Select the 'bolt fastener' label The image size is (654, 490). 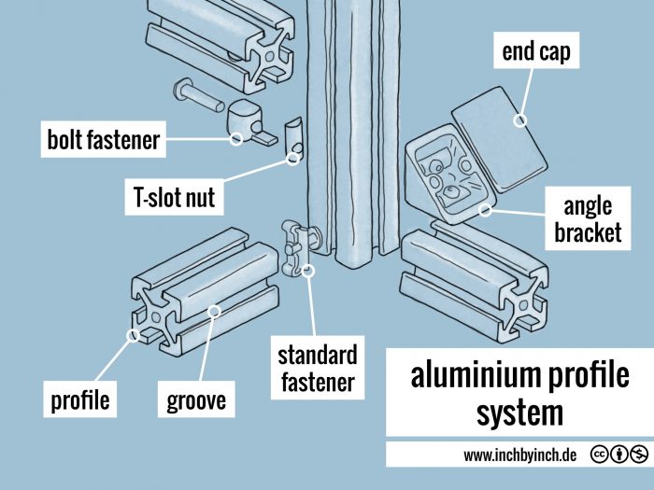pos(104,141)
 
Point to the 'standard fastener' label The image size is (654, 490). pos(317,368)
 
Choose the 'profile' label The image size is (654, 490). pos(79,401)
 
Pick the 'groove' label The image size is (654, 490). pos(196,401)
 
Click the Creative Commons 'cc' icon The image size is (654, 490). pos(598,455)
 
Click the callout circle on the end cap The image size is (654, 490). pos(520,120)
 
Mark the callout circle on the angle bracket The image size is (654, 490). pos(485,210)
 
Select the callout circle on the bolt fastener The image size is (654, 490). pos(236,139)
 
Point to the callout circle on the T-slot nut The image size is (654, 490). pos(292,159)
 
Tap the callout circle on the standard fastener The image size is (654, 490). pos(310,272)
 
